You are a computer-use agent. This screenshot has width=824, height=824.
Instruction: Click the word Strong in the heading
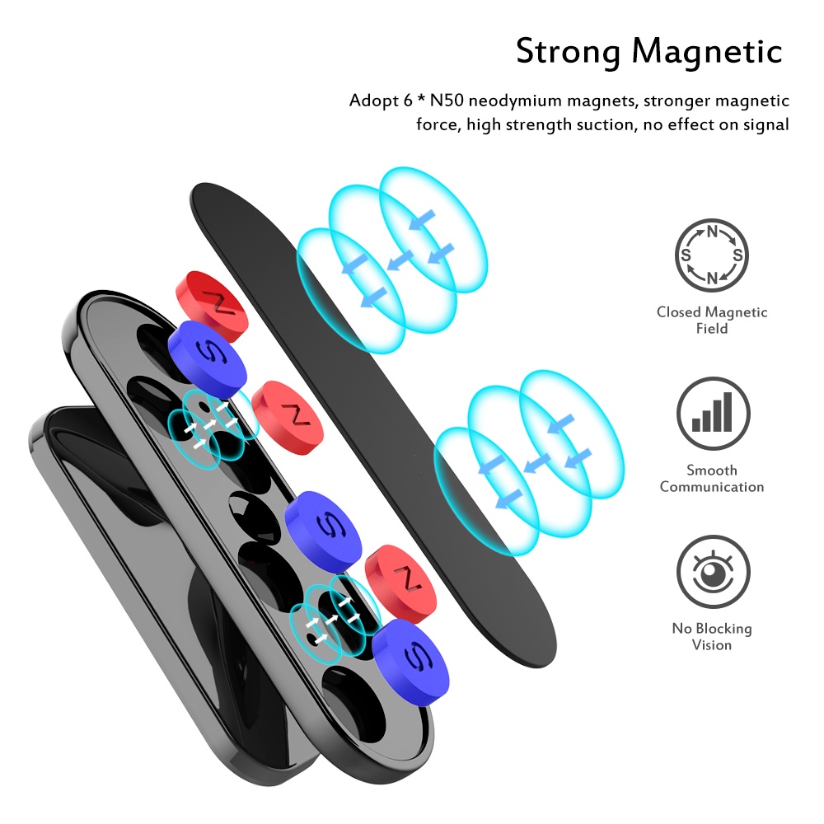[x=568, y=52]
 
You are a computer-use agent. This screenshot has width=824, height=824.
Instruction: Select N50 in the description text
[x=446, y=100]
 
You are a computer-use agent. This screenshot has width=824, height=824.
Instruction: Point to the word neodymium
[x=514, y=101]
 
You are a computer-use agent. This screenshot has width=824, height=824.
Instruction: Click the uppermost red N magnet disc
[x=211, y=307]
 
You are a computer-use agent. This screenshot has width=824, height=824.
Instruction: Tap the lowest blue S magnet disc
[x=411, y=661]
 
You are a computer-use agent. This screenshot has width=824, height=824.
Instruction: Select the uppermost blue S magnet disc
[x=208, y=359]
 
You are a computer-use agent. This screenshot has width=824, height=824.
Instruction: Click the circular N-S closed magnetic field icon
[x=712, y=255]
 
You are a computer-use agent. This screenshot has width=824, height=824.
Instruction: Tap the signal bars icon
[x=713, y=413]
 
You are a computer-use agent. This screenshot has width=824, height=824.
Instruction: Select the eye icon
[x=713, y=572]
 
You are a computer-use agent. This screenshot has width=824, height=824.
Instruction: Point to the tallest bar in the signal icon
[x=728, y=412]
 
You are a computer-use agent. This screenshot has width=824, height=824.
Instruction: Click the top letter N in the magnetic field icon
[x=712, y=232]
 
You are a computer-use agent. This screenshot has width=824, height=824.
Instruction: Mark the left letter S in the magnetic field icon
[x=686, y=255]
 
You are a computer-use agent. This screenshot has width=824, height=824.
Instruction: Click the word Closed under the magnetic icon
[x=679, y=312]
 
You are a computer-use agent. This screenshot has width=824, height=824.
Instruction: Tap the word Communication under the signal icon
[x=712, y=487]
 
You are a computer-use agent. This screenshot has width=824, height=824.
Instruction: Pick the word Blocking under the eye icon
[x=723, y=629]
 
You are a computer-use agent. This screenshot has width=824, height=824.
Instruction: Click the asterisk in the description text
[x=421, y=98]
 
